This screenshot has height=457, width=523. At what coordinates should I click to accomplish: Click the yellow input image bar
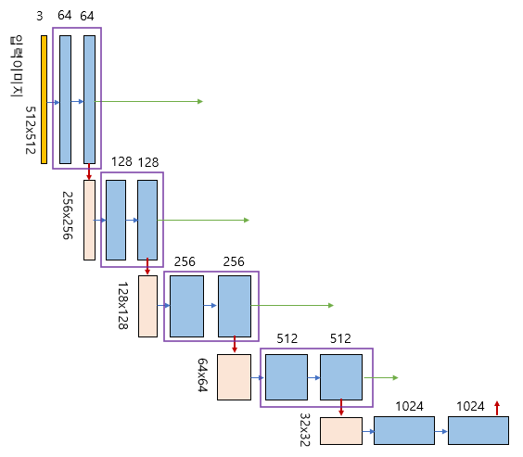[44, 100]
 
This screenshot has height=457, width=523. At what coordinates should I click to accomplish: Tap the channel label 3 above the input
[40, 16]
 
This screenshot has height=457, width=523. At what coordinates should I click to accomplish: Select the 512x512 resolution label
[31, 130]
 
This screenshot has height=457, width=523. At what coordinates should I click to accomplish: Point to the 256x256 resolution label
[68, 215]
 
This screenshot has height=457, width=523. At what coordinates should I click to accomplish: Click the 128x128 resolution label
[122, 306]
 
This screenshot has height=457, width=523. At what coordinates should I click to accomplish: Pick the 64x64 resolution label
[203, 375]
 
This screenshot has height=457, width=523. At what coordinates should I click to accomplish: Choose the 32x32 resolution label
[305, 430]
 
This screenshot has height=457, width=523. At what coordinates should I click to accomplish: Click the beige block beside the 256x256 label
[89, 220]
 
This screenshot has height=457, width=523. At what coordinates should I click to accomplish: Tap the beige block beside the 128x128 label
[147, 306]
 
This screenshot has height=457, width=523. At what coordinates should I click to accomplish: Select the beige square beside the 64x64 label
[235, 377]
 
